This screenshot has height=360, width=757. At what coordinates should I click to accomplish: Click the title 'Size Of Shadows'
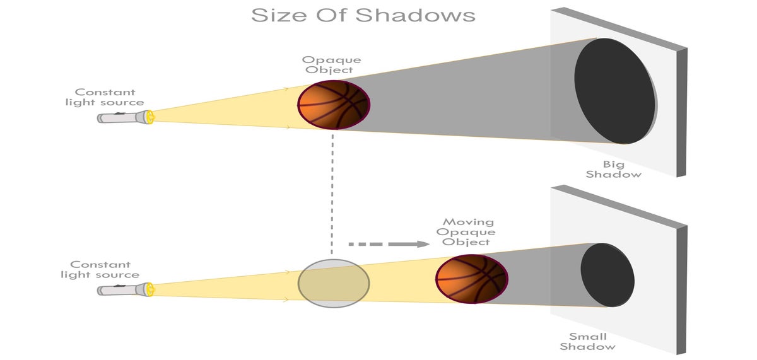pos(363,15)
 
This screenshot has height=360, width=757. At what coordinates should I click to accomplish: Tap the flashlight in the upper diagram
pos(123,117)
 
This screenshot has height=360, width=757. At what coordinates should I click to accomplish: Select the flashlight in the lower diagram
pos(123,290)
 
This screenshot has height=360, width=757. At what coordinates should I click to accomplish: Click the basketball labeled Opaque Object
pos(333,105)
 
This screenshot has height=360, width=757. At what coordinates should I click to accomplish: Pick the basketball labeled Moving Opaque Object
pos(471,279)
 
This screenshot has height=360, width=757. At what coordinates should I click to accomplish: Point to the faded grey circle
pos(333,282)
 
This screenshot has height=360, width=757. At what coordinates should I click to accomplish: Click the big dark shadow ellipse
pos(615,90)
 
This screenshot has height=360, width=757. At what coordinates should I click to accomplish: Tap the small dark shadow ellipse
pos(607,274)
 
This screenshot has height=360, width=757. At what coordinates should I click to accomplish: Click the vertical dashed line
pos(332,189)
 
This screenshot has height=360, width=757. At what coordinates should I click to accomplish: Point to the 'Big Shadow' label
pos(613,169)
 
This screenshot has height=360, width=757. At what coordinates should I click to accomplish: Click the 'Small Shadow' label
pos(587,341)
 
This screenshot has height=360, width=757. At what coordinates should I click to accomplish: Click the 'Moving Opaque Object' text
pos(467,232)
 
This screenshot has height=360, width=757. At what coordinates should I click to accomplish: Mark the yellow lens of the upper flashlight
pos(149,117)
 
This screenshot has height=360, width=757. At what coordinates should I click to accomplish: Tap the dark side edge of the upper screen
pos(681,113)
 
